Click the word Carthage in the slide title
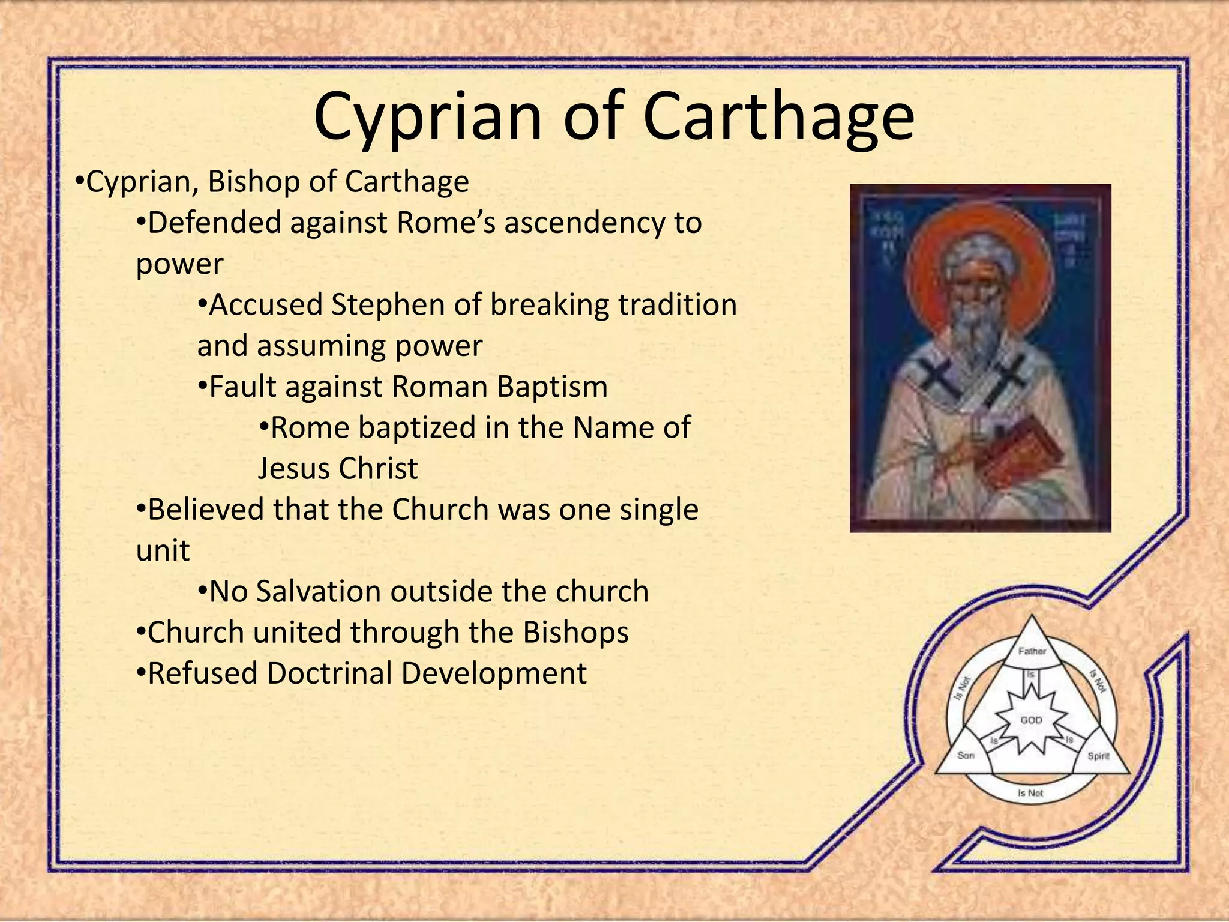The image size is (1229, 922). [x=778, y=117]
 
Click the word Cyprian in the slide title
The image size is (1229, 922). [x=427, y=117]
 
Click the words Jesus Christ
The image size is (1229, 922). [x=337, y=468]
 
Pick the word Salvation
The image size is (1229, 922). [x=319, y=591]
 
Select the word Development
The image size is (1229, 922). [x=493, y=673]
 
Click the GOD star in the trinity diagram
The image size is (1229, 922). [x=1031, y=720]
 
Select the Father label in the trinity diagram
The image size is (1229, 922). [x=1032, y=651]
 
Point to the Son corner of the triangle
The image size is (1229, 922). [x=966, y=755]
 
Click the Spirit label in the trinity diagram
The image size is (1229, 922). [x=1098, y=756]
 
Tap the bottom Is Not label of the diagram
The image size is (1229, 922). [x=1030, y=793]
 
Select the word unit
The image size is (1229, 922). [x=163, y=550]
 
